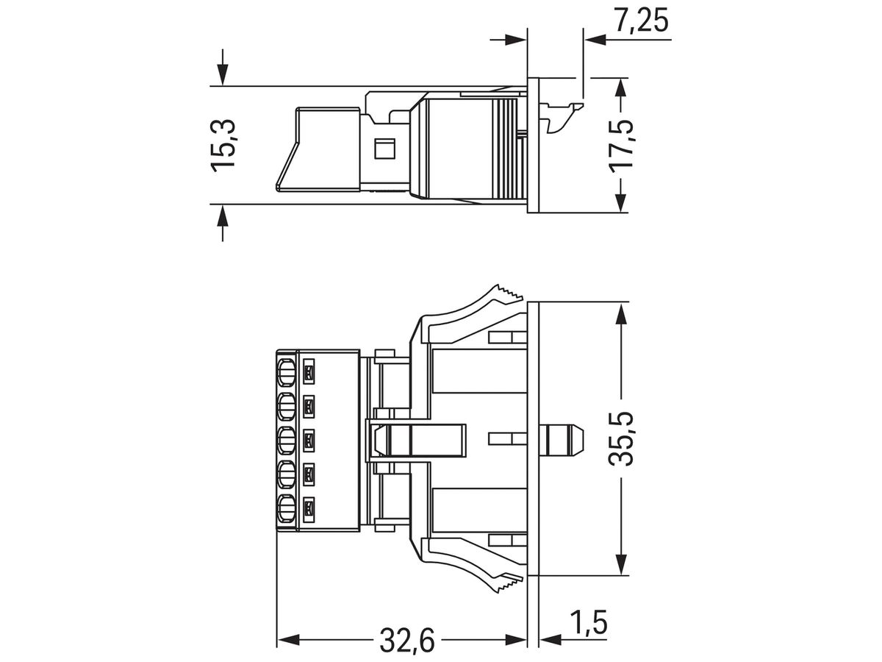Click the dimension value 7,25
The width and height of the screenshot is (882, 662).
click(642, 21)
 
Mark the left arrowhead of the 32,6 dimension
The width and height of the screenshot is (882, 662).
click(287, 639)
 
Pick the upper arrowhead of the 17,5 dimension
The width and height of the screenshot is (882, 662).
click(622, 88)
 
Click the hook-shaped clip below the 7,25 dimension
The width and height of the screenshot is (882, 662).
click(562, 117)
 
